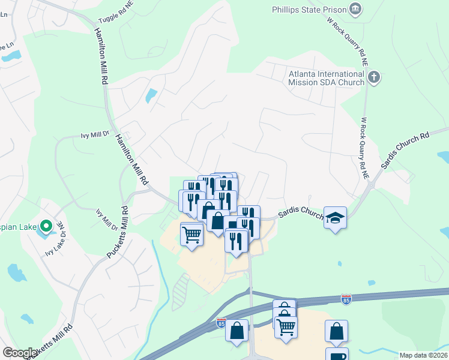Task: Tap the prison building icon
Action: [356, 8]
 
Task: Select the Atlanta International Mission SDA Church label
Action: [326, 78]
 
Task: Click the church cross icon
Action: [374, 77]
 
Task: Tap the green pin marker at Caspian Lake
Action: [46, 226]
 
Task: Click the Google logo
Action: [20, 353]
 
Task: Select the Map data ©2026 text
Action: [424, 355]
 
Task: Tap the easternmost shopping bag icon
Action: [337, 331]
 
